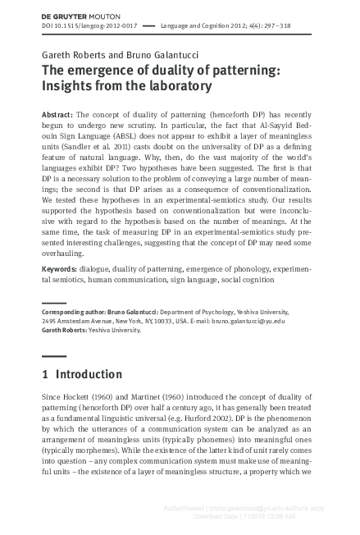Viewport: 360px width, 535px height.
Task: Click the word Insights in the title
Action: pyautogui.click(x=70, y=85)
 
